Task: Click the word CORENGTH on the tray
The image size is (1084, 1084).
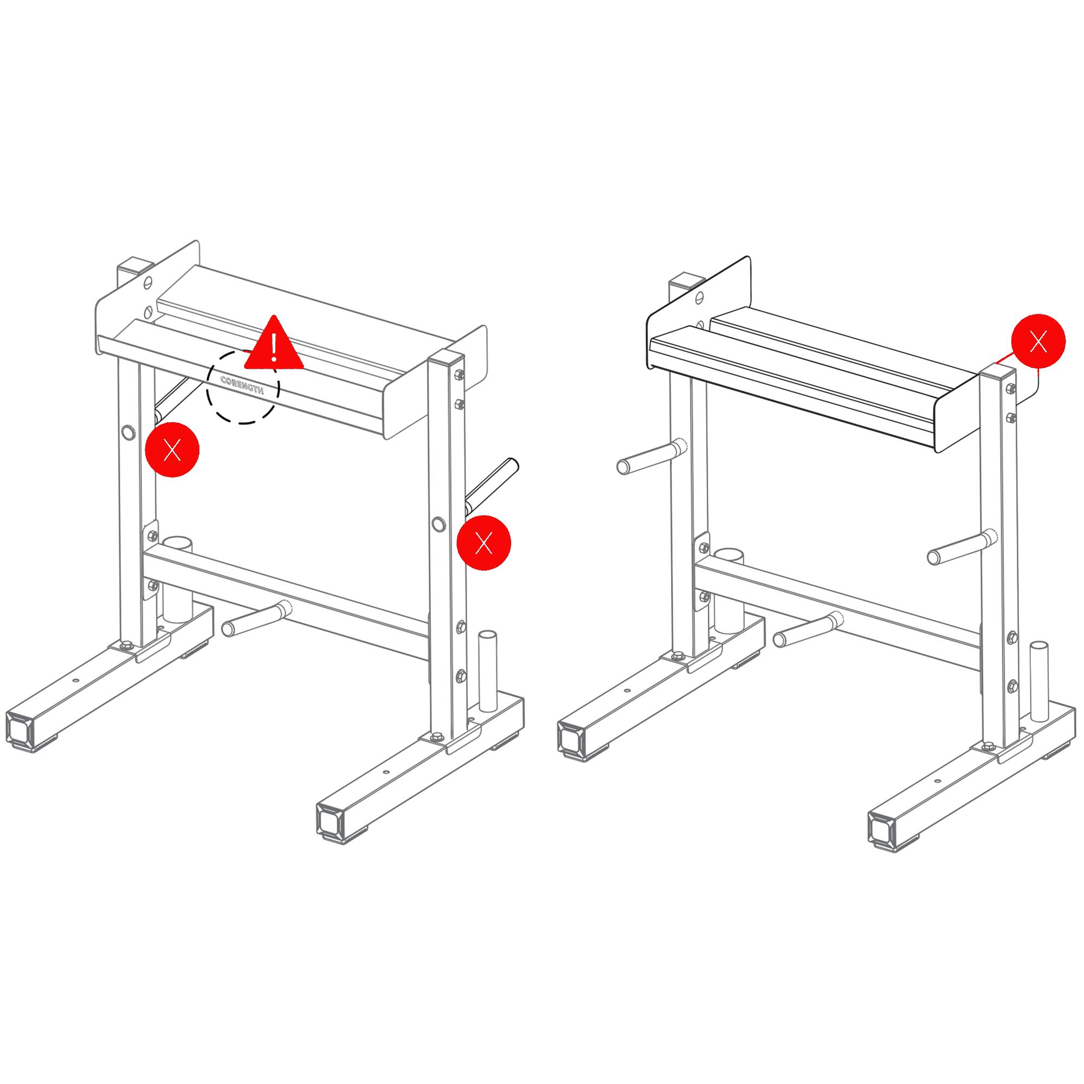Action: click(242, 385)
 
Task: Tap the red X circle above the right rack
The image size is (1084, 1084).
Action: click(1038, 341)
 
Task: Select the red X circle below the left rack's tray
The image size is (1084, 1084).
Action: click(172, 450)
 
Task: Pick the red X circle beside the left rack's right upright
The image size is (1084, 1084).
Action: click(483, 543)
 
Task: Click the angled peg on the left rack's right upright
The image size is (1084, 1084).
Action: click(492, 486)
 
